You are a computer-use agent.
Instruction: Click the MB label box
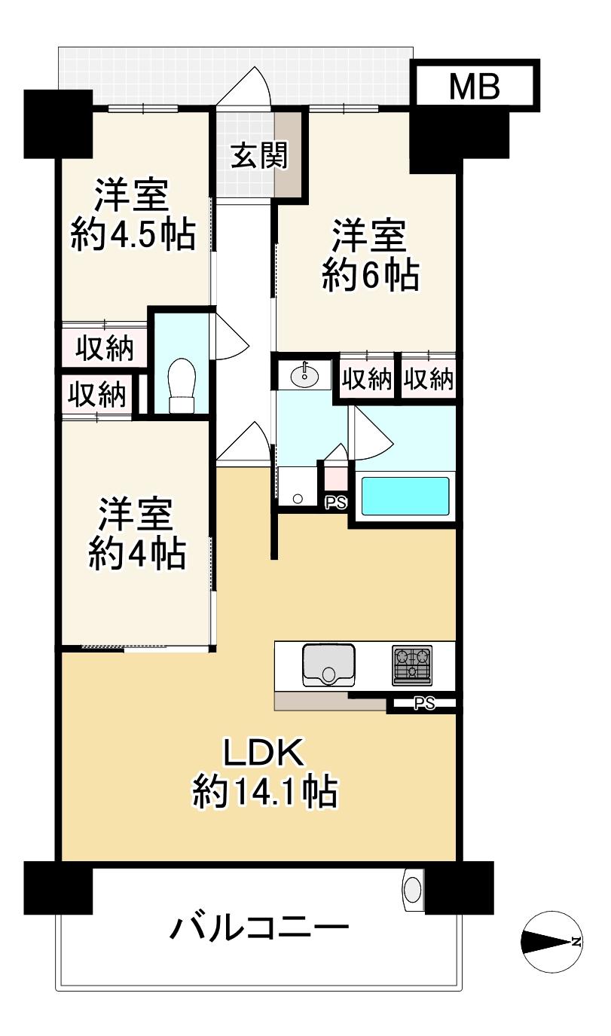475,86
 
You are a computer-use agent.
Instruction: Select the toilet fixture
182,384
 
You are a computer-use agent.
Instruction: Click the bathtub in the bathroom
405,495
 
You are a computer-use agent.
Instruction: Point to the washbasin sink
305,375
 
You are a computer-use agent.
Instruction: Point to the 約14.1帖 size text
264,792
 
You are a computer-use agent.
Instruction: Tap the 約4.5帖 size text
133,235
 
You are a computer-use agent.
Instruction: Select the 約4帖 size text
136,556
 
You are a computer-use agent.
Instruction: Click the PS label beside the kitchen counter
424,704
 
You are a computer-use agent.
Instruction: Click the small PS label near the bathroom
335,503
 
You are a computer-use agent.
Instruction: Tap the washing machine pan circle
298,498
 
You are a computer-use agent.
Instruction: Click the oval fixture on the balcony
412,889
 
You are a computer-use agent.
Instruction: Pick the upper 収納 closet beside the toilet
105,350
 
